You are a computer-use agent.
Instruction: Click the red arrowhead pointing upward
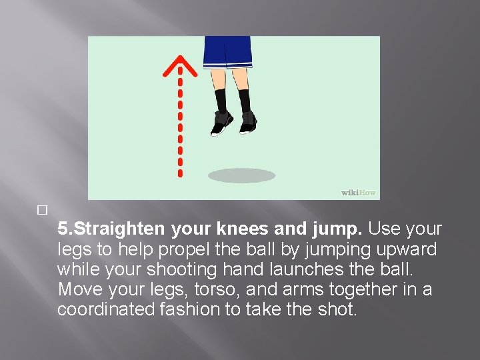(179, 67)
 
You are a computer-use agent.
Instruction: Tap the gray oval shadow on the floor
(241, 175)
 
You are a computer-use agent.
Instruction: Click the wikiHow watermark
(359, 193)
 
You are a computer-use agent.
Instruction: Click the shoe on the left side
(222, 123)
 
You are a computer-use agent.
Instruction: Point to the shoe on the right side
(248, 122)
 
